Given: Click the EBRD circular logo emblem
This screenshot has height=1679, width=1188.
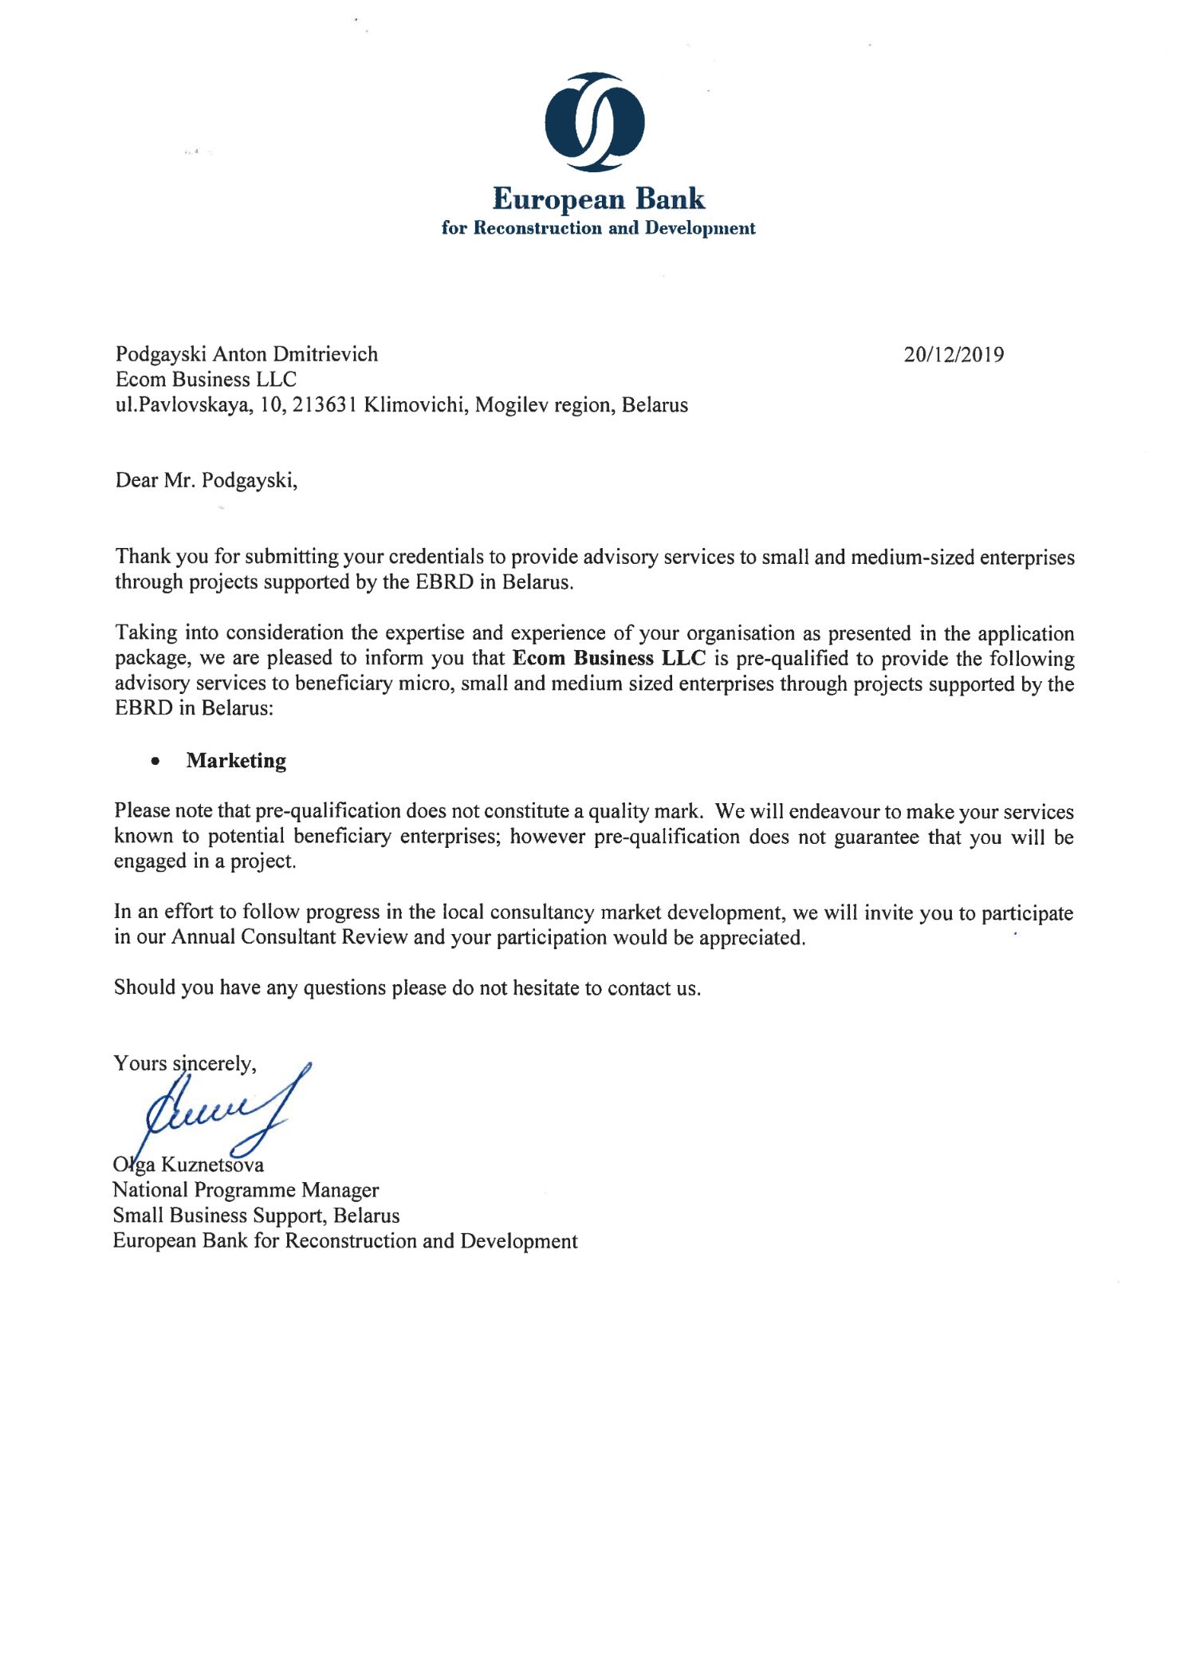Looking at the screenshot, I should tap(595, 121).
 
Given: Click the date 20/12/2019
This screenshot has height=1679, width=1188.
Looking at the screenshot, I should tap(954, 354).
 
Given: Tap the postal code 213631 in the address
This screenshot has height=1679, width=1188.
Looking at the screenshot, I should tap(325, 405).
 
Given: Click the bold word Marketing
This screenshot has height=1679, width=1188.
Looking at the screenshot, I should tap(236, 760).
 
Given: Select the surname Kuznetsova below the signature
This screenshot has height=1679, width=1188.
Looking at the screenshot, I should tap(212, 1165).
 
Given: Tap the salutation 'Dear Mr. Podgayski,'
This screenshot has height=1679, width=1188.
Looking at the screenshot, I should tap(207, 480).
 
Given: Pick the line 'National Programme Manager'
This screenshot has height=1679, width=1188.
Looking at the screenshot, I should tap(246, 1190).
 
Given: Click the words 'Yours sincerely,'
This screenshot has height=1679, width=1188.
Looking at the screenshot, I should tap(185, 1063).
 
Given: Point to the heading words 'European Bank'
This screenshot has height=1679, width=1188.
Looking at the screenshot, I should tap(599, 199).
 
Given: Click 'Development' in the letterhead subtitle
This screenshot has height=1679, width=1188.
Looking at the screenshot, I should tap(700, 229).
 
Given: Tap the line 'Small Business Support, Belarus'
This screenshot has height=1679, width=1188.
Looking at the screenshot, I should tap(256, 1216).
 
